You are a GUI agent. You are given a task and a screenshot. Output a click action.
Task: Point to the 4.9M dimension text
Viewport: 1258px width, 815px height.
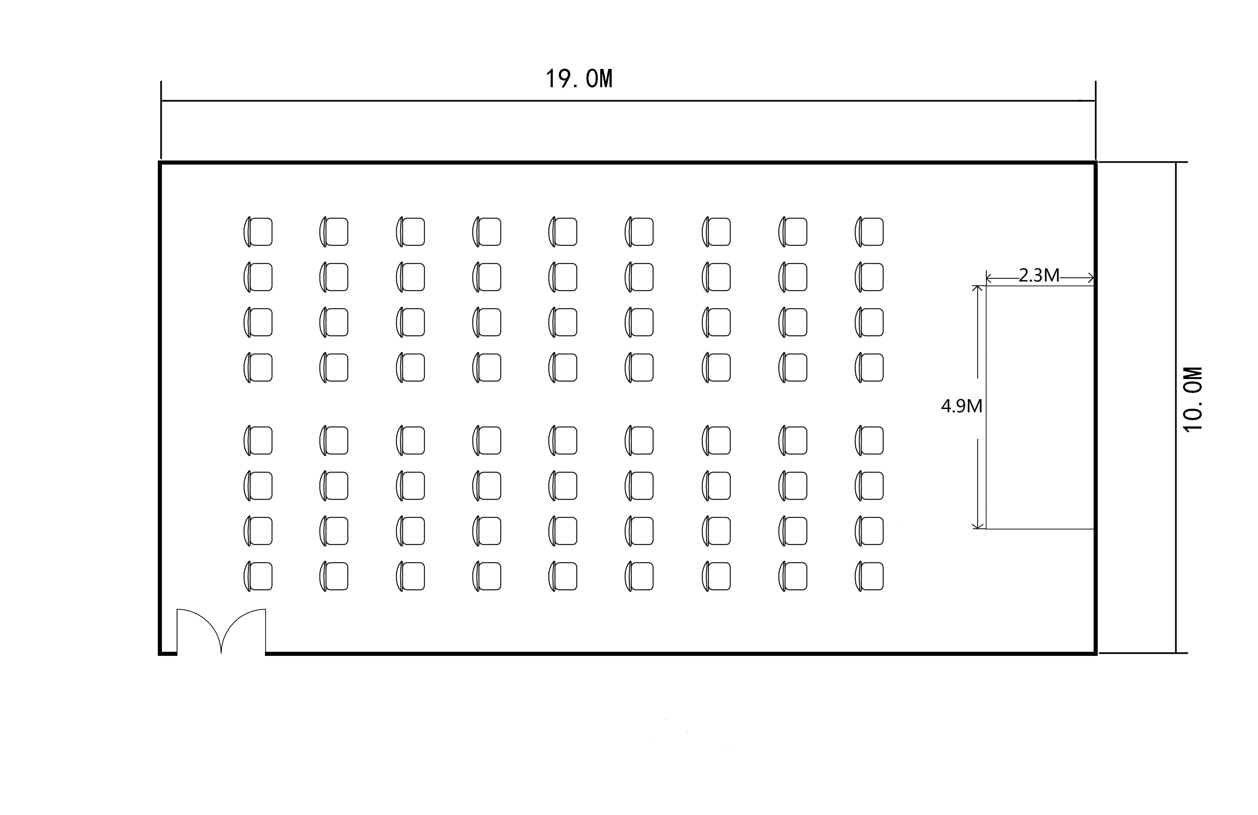(x=961, y=406)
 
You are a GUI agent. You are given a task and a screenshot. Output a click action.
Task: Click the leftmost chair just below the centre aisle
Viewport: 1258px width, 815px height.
(x=258, y=440)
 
